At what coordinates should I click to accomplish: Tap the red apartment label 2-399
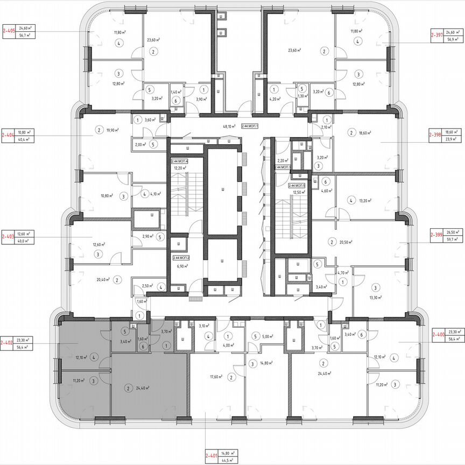[436, 235]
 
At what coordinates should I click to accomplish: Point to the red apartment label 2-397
[436, 35]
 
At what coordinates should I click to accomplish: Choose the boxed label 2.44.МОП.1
[250, 127]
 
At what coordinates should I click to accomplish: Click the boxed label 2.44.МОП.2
[181, 258]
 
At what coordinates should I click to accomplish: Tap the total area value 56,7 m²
[24, 35]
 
